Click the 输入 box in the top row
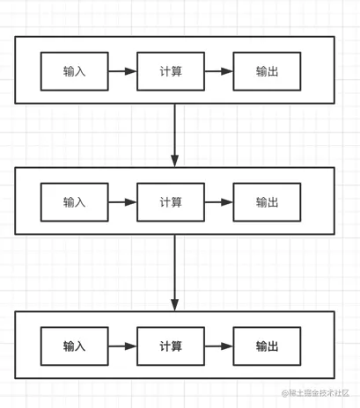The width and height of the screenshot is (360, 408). pyautogui.click(x=75, y=71)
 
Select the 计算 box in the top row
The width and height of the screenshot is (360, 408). pyautogui.click(x=171, y=71)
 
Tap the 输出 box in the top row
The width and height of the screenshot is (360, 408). pyautogui.click(x=267, y=71)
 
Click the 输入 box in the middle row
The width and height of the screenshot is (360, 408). pyautogui.click(x=75, y=201)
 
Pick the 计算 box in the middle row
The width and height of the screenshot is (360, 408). pyautogui.click(x=171, y=201)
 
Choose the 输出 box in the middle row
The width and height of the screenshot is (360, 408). pyautogui.click(x=267, y=201)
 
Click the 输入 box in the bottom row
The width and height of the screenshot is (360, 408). pyautogui.click(x=75, y=346)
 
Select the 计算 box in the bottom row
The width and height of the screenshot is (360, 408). pyautogui.click(x=171, y=346)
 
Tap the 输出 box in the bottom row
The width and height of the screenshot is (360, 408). pyautogui.click(x=267, y=346)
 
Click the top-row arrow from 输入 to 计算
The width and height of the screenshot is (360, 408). pyautogui.click(x=122, y=71)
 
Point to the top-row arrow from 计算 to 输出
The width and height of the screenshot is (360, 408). pyautogui.click(x=218, y=71)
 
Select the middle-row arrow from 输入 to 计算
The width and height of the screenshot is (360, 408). pyautogui.click(x=122, y=201)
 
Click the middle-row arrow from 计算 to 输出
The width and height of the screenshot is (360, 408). pyautogui.click(x=218, y=201)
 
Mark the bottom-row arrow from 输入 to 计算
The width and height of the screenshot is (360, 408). pyautogui.click(x=122, y=346)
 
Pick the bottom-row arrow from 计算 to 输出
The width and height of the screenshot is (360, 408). pyautogui.click(x=218, y=346)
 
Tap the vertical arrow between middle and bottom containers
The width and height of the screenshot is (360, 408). pyautogui.click(x=174, y=273)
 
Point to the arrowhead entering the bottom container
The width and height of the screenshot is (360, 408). pyautogui.click(x=174, y=305)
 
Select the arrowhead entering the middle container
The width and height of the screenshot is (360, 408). pyautogui.click(x=174, y=160)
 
